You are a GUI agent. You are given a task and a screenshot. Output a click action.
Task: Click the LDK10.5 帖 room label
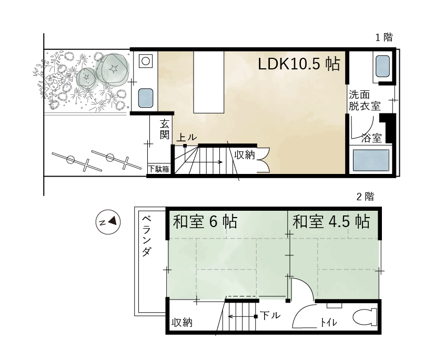pos(299,64)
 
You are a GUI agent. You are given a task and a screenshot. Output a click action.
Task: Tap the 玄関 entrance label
pos(165,129)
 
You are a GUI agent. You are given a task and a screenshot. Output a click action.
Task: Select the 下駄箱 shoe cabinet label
pos(159,169)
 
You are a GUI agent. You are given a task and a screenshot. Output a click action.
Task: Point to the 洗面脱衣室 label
pos(364,100)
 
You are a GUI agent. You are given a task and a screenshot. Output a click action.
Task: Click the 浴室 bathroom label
pos(371,138)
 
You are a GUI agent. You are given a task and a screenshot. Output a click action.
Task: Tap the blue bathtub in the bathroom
pos(371,160)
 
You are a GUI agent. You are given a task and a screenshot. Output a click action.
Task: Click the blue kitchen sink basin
pos(145,98)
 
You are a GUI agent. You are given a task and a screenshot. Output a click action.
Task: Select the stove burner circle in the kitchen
pos(146,61)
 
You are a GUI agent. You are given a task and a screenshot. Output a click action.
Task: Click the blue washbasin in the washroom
pos(383,66)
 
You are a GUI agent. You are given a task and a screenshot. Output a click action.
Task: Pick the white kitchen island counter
pos(209,82)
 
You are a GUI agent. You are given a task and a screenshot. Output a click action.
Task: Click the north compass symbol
pos(108,222)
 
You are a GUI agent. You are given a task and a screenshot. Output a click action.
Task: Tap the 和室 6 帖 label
pos(205,222)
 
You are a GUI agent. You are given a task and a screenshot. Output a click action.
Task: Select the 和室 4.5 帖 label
pos(331,222)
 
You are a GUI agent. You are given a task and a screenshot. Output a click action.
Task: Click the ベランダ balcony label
pos(146,236)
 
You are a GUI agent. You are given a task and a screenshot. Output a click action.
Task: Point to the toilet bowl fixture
pos(365,317)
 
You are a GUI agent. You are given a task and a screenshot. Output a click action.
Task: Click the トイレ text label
pos(329,322)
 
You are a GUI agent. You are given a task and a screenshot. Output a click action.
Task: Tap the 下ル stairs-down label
pos(270,315)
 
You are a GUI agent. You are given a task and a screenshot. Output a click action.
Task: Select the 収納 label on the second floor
pos(182,322)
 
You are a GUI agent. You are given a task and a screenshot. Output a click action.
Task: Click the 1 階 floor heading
pos(384,37)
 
